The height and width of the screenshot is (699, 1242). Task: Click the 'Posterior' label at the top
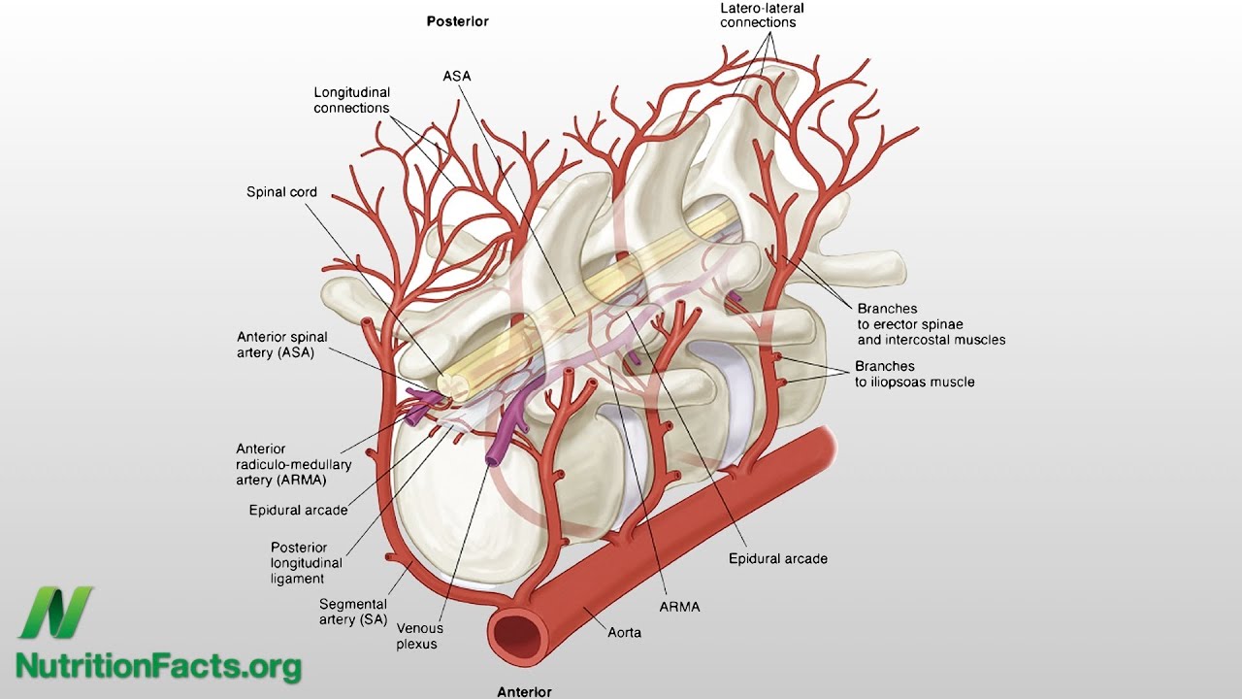(x=458, y=20)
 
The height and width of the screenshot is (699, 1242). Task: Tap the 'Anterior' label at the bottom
(x=524, y=692)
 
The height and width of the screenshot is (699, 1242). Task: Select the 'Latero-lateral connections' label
(x=763, y=15)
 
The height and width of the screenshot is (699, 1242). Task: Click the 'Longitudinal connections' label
(x=351, y=100)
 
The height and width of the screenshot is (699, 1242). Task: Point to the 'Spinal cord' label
(x=281, y=192)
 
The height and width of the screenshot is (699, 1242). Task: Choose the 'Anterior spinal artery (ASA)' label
(x=282, y=345)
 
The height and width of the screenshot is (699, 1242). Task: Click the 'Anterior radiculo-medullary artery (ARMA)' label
(x=293, y=464)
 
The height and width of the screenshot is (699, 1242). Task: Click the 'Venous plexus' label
(x=417, y=636)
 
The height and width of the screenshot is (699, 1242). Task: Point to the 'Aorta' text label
(x=625, y=632)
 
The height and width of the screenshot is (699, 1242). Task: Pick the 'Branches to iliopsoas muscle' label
(x=914, y=375)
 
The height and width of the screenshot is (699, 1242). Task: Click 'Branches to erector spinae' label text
(x=931, y=324)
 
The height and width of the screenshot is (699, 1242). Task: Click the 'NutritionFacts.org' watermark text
(x=158, y=667)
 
